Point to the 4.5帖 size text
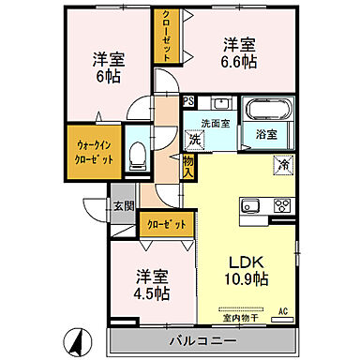coord(150,292)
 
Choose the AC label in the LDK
coord(282,311)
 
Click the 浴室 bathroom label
coord(265,134)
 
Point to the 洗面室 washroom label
coord(214,122)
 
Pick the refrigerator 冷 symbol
coord(282,166)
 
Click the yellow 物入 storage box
coord(187,168)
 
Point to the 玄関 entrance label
coord(124,205)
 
